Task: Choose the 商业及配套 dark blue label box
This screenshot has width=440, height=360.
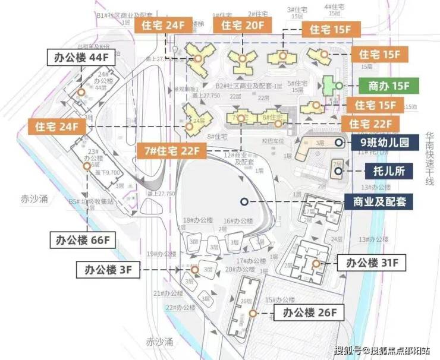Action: pos(380,201)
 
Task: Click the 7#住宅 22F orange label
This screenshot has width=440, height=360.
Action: pos(171,151)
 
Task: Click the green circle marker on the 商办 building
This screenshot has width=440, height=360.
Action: pos(338,86)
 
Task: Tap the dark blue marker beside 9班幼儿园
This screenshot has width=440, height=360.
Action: pos(338,143)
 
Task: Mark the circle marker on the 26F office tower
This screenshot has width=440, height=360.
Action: pos(253,312)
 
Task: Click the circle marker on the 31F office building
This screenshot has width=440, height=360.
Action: pos(316,263)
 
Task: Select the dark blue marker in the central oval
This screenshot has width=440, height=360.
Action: pos(244,202)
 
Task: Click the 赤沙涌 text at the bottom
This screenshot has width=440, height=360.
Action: pos(160,342)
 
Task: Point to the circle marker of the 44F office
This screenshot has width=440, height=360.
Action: pos(81,93)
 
